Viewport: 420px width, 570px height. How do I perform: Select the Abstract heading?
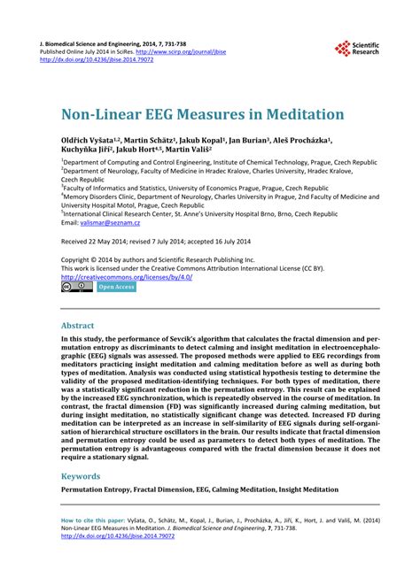77,325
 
